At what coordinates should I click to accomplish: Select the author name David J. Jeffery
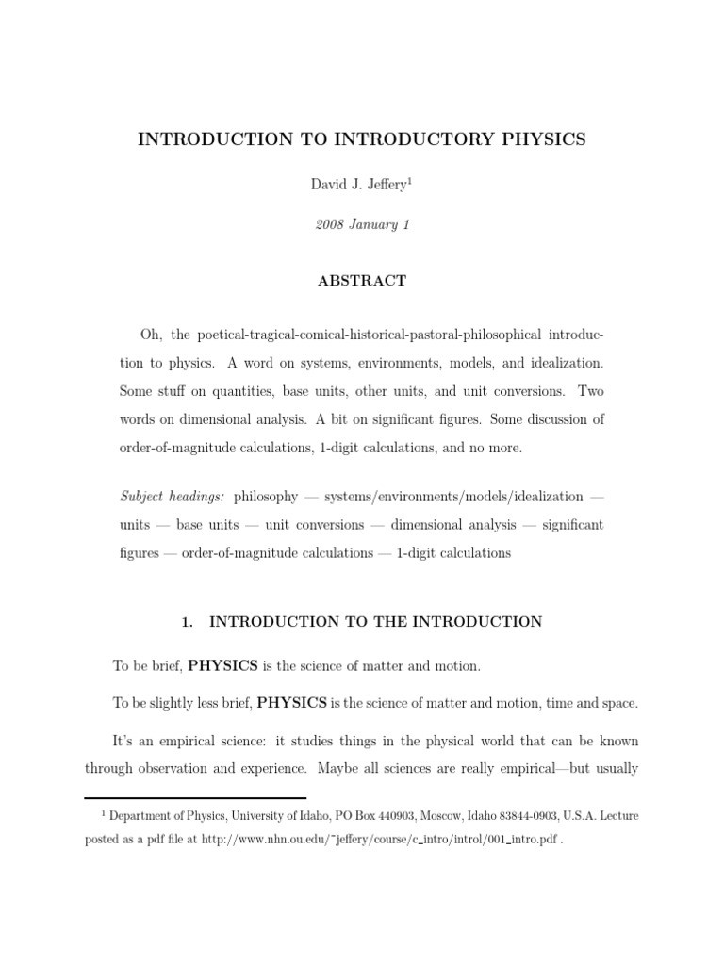[356, 185]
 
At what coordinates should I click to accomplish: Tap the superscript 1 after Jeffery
[410, 180]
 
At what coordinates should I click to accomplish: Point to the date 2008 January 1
[361, 226]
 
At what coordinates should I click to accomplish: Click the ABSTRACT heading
[362, 281]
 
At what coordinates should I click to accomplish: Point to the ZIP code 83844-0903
[535, 817]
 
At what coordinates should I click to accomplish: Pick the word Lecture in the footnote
[617, 817]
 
